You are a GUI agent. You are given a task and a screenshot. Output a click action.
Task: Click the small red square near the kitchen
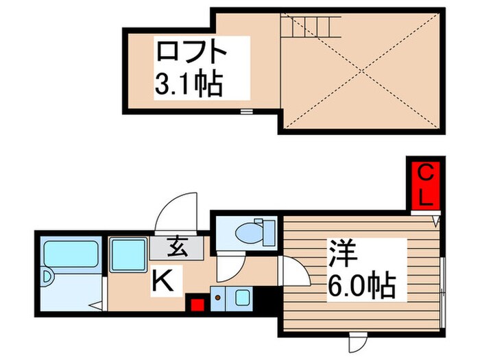198,305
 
